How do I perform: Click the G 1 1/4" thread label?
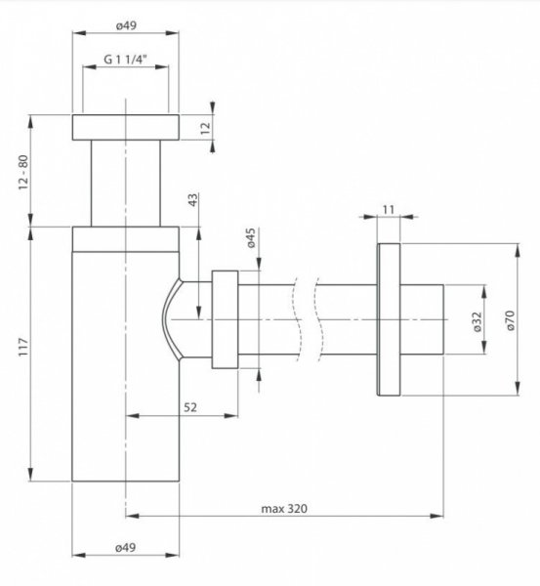tap(125, 59)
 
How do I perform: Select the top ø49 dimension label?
tap(126, 25)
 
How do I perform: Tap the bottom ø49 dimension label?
tap(126, 548)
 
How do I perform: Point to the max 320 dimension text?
tap(284, 508)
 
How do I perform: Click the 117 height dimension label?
tap(23, 347)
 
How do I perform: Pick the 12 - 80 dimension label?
tap(23, 172)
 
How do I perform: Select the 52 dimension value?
tap(190, 407)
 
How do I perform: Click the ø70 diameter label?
tap(510, 320)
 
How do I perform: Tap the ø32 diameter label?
tap(478, 321)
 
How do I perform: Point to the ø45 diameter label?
tap(251, 238)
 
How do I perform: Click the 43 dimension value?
tap(192, 199)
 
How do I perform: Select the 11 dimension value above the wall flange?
tap(389, 210)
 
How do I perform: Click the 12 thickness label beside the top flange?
tap(206, 128)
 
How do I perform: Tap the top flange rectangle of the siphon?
tap(126, 127)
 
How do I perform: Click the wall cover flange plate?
tap(389, 319)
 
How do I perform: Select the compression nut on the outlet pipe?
tap(225, 319)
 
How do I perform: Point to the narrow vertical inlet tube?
tap(126, 184)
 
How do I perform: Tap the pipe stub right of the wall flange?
tap(422, 319)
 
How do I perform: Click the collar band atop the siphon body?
tap(126, 239)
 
